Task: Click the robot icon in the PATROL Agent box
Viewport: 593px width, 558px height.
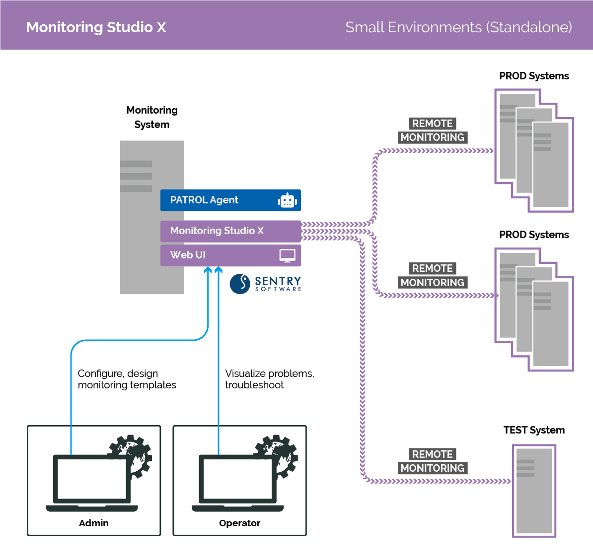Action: (x=288, y=200)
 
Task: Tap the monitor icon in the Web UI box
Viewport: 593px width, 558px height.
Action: (x=287, y=255)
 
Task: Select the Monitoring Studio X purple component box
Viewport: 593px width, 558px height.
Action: (x=230, y=231)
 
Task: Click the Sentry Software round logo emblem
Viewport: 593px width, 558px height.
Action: (x=240, y=284)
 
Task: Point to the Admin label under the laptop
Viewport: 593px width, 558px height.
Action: (x=93, y=523)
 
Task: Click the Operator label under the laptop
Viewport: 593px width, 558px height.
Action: (x=239, y=523)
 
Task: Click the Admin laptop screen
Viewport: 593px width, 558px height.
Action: (x=92, y=479)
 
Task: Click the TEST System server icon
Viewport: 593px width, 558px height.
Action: (x=534, y=491)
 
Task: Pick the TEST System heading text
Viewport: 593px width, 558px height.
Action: (x=534, y=430)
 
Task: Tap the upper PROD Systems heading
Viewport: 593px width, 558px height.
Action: (x=534, y=76)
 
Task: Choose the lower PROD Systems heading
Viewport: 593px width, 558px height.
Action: (x=534, y=235)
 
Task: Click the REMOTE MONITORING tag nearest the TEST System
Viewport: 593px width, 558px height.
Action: (x=432, y=461)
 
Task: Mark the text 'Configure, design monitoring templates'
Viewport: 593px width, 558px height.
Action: (x=127, y=379)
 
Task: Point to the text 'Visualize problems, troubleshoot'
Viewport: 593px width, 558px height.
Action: (x=269, y=379)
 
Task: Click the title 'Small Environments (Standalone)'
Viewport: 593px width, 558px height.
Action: (x=458, y=27)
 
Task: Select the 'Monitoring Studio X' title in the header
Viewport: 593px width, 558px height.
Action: (x=96, y=27)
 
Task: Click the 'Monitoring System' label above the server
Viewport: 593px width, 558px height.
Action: (x=152, y=117)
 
